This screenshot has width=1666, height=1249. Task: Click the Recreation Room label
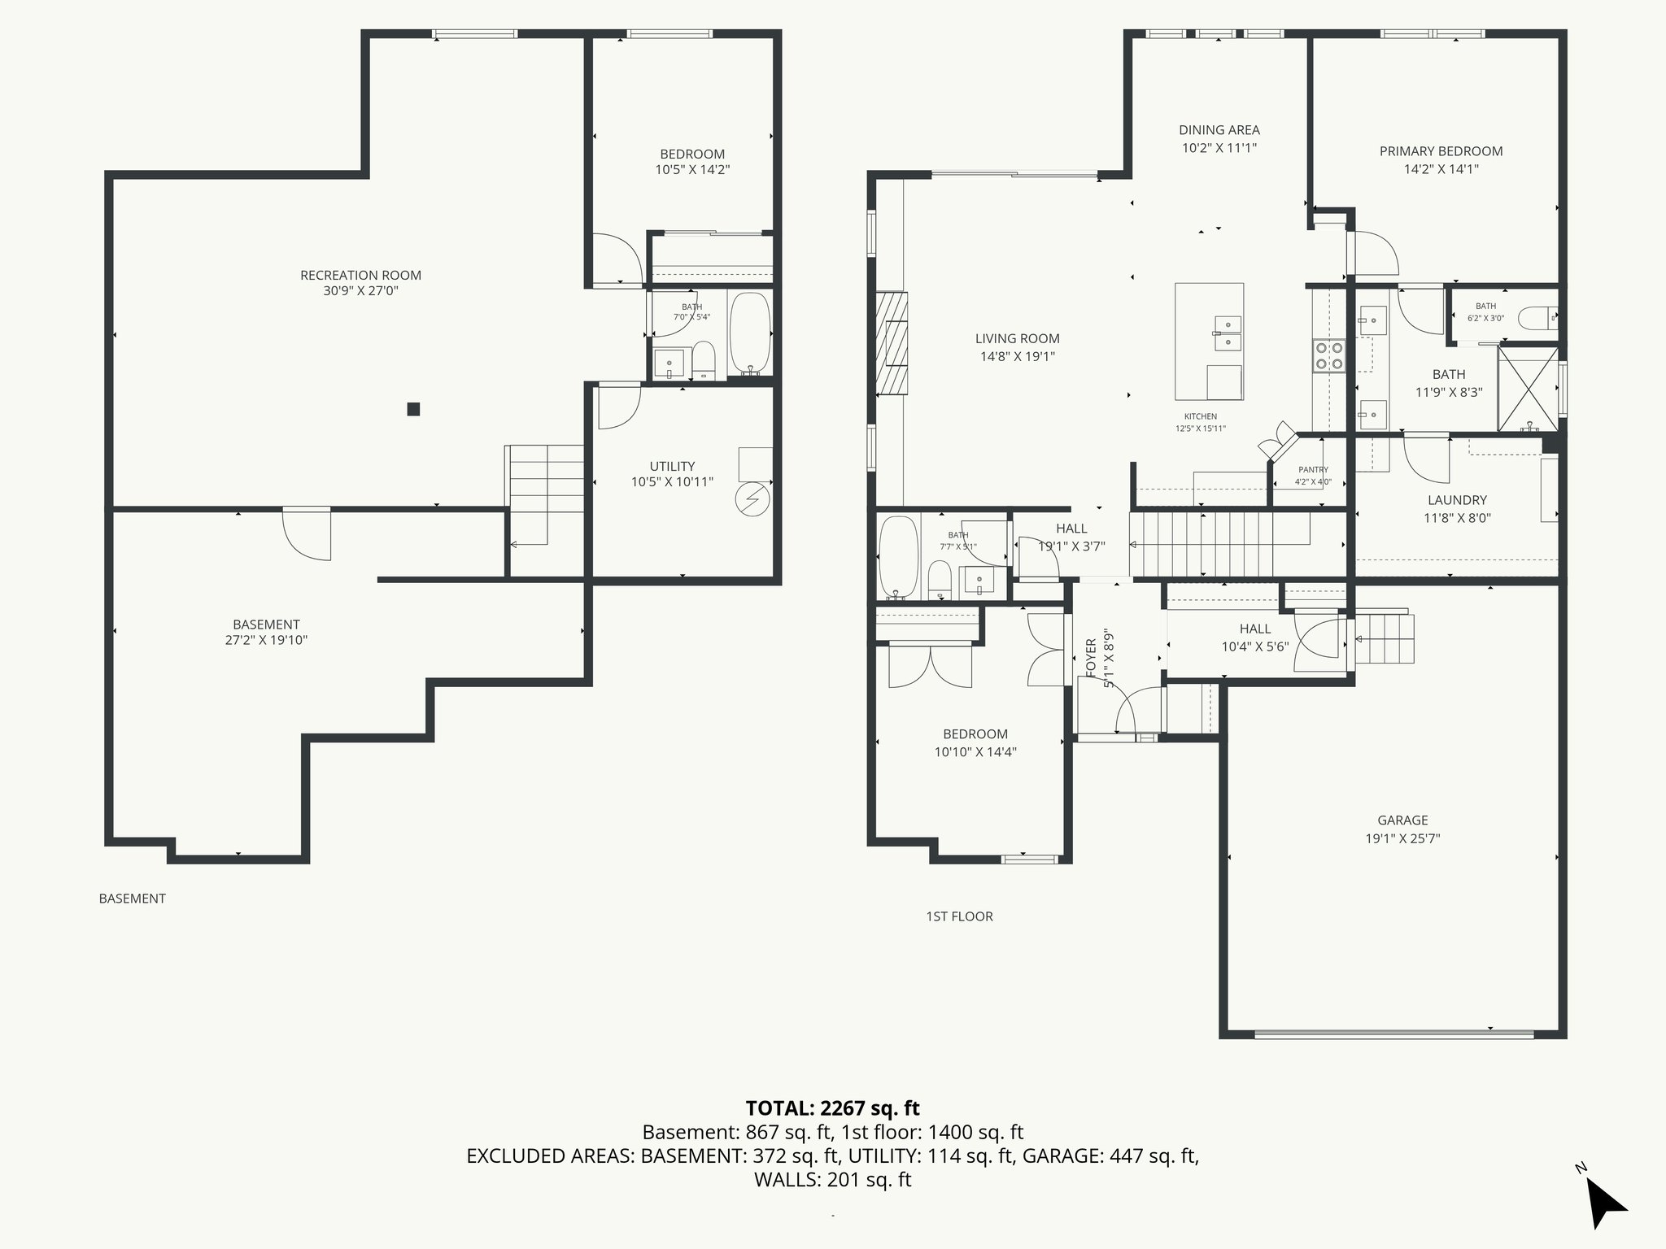(360, 275)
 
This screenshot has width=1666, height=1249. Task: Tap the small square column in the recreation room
(413, 409)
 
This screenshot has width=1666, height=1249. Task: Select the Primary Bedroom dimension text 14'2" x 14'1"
(1441, 169)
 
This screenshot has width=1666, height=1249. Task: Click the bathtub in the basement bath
(750, 334)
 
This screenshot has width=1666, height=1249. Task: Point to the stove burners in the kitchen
(1329, 355)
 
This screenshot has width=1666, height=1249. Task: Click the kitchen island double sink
(1227, 333)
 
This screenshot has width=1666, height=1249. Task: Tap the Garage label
(1402, 820)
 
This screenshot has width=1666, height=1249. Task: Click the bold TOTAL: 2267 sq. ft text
(832, 1108)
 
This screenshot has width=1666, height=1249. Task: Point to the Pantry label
(1313, 470)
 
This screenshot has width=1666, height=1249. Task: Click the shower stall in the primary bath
(1529, 389)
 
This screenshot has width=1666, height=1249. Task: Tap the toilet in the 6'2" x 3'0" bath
(1537, 318)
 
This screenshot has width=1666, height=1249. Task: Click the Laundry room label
(1457, 500)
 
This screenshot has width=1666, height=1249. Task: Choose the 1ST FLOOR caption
(959, 916)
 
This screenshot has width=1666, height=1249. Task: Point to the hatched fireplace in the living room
(892, 342)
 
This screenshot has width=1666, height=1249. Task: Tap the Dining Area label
(1219, 130)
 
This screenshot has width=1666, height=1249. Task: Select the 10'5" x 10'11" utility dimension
(672, 482)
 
